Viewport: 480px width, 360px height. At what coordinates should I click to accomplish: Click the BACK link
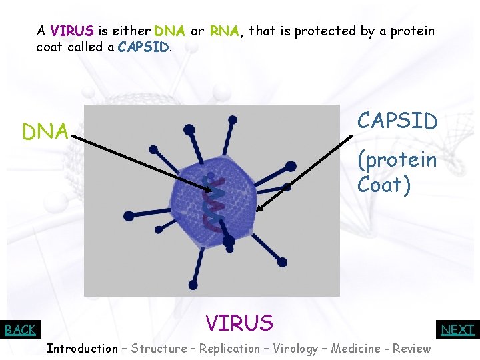click(20, 329)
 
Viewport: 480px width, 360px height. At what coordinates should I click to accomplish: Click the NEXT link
click(458, 329)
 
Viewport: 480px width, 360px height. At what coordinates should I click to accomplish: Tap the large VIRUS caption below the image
click(239, 323)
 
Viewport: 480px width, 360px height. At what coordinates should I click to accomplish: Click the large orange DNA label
click(45, 132)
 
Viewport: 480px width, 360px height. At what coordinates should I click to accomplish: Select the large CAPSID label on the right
click(397, 121)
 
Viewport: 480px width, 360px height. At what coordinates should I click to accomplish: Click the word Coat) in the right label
click(384, 184)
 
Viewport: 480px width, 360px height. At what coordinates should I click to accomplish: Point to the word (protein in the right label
click(397, 161)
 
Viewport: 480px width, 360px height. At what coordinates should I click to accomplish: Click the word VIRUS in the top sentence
click(73, 31)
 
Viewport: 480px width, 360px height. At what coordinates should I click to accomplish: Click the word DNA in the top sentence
click(169, 31)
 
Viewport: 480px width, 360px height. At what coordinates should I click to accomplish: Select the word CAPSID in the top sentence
click(143, 47)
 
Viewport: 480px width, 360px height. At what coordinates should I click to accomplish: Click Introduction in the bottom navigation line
click(82, 348)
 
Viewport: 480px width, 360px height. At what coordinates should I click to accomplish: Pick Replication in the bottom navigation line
click(229, 348)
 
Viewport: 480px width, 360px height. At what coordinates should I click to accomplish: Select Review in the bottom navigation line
click(411, 348)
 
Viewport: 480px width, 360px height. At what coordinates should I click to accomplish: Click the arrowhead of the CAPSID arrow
click(259, 208)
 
